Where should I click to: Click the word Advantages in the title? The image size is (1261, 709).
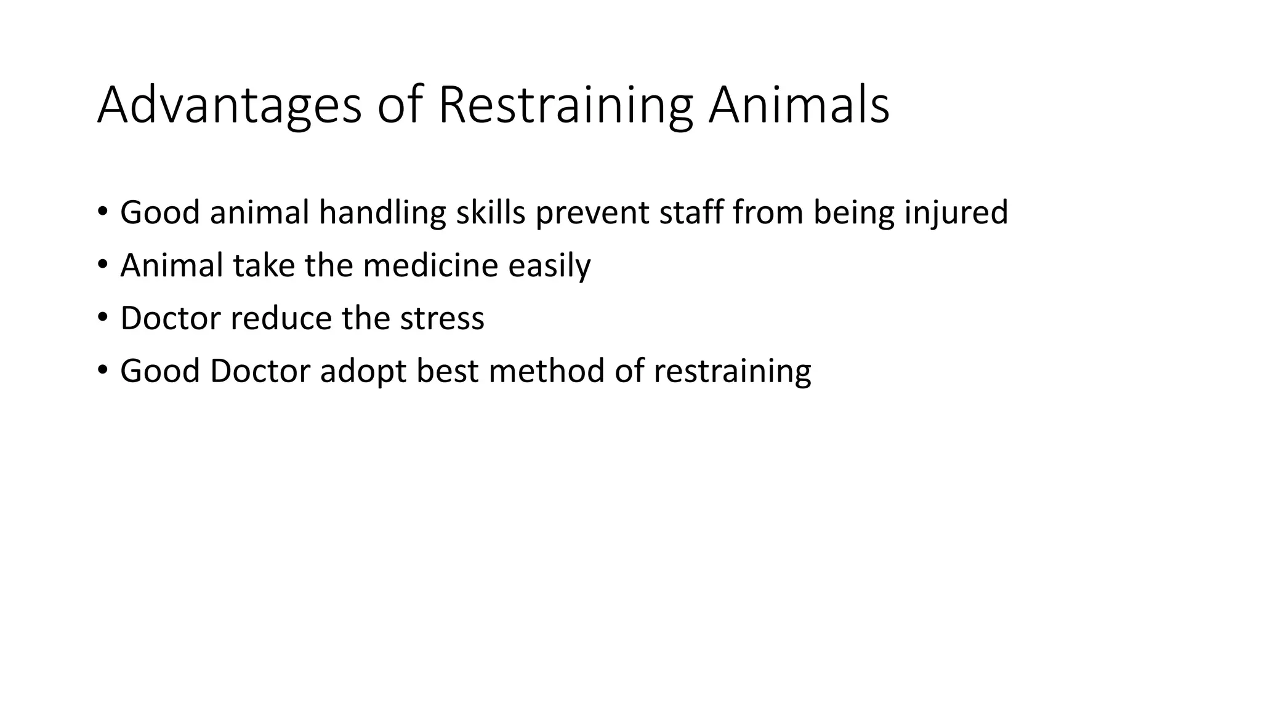click(x=229, y=106)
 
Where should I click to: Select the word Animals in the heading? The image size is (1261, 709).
click(x=799, y=106)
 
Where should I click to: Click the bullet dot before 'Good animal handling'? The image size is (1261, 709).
click(x=102, y=211)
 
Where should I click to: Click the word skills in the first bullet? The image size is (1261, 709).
click(x=491, y=212)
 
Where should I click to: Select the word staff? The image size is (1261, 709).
click(x=691, y=212)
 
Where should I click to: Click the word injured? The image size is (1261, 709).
click(x=956, y=214)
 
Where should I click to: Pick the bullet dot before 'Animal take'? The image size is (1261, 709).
click(x=102, y=264)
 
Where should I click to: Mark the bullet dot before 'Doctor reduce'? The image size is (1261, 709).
click(x=102, y=317)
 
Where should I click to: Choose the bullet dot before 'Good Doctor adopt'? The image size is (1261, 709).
click(x=102, y=370)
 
